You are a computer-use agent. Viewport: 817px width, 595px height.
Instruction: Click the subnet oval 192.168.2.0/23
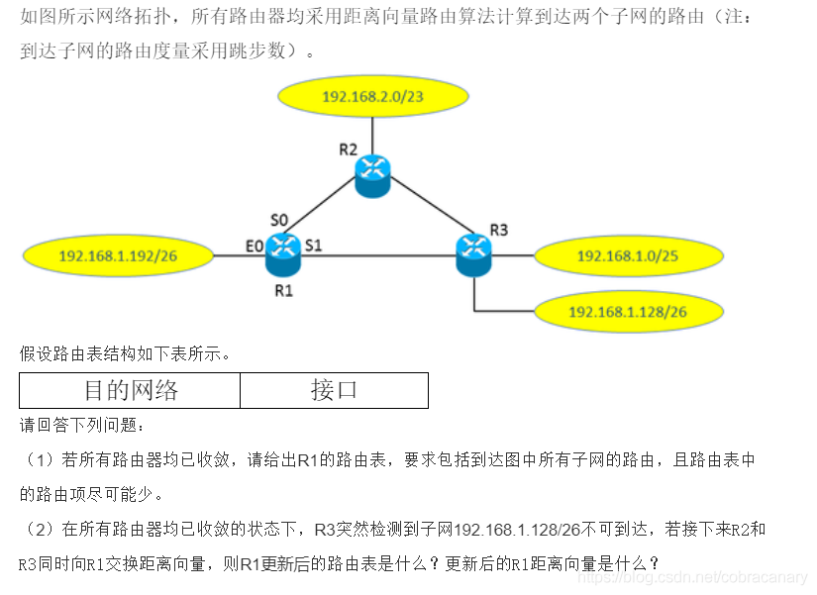(372, 96)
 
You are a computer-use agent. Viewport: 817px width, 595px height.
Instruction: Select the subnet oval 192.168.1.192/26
(118, 256)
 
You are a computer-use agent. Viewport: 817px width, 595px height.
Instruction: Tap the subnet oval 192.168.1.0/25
(627, 256)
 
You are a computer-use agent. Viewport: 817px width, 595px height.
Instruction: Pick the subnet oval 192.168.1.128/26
(627, 312)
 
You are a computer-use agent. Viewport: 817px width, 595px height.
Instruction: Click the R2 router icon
(372, 174)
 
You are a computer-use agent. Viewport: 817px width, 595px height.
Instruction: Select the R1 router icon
(283, 253)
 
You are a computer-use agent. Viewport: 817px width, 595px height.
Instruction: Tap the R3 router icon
(473, 253)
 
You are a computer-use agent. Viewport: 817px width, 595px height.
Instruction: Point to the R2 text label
(348, 149)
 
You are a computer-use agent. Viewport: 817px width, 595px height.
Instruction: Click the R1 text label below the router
(284, 291)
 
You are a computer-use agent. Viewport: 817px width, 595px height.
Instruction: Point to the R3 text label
(498, 230)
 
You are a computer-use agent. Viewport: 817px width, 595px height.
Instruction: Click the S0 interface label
(279, 219)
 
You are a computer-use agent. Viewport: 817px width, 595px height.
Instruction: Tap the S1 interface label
(313, 245)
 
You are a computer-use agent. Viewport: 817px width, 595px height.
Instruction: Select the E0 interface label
(255, 245)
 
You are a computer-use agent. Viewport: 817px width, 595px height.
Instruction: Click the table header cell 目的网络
(130, 390)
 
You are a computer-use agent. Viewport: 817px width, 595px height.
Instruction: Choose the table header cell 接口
(334, 390)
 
